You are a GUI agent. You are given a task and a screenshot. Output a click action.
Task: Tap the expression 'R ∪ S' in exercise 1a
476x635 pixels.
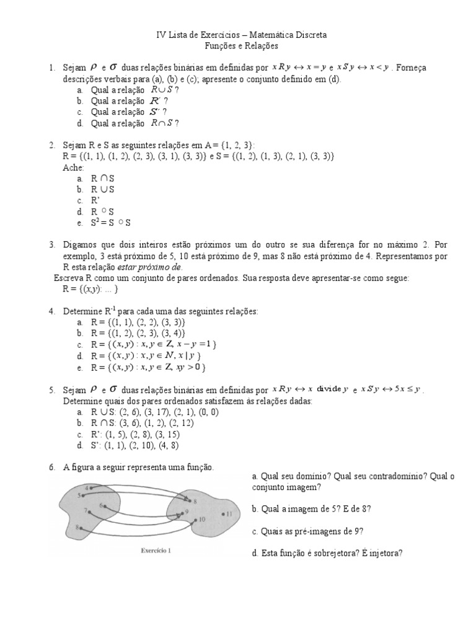(x=163, y=90)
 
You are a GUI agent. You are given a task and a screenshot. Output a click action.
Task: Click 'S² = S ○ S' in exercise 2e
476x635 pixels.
(x=111, y=223)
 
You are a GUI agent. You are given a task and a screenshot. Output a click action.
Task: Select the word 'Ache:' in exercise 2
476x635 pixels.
(x=73, y=167)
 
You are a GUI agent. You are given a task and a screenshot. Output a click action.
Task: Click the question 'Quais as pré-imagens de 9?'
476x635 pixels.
(x=307, y=531)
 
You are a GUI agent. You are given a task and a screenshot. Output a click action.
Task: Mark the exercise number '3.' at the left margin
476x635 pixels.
(x=53, y=245)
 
